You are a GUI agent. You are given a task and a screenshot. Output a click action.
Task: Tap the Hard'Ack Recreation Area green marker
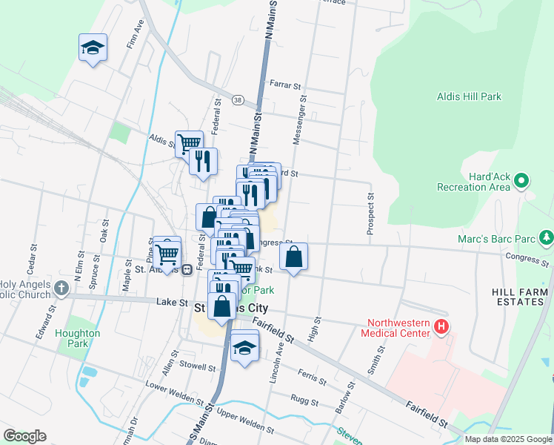tap(521, 180)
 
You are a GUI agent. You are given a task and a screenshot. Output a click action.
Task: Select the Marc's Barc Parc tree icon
tap(547, 237)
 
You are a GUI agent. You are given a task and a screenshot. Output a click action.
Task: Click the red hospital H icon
tap(441, 326)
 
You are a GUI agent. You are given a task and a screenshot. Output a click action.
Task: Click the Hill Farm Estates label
tap(522, 297)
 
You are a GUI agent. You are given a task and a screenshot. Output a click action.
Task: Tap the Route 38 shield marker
tap(237, 99)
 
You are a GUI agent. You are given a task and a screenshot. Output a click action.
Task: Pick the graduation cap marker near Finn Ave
tap(93, 48)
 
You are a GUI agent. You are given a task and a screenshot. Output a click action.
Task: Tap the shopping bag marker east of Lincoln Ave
tap(294, 257)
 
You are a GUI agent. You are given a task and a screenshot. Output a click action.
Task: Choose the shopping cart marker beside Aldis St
tap(189, 142)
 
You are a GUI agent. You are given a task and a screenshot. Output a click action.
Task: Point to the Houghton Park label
tap(77, 338)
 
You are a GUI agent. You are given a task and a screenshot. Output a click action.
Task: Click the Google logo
tap(24, 436)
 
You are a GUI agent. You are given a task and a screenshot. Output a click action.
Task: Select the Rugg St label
tap(305, 403)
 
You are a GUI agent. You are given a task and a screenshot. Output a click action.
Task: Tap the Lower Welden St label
tap(174, 393)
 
